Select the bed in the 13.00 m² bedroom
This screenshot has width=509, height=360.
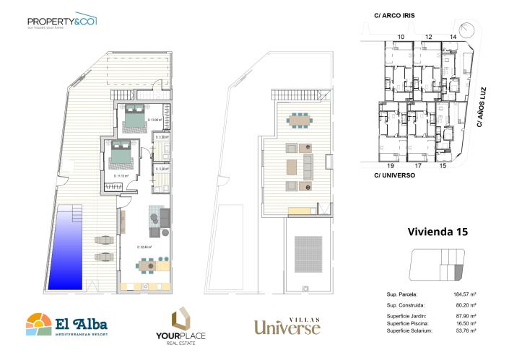(x=133, y=118)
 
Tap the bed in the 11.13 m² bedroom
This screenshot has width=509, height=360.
(x=120, y=155)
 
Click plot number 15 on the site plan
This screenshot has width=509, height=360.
(x=443, y=165)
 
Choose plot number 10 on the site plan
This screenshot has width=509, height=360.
(x=401, y=36)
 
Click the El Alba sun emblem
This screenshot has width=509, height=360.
(x=38, y=324)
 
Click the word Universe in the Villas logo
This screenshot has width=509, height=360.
(x=287, y=328)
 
